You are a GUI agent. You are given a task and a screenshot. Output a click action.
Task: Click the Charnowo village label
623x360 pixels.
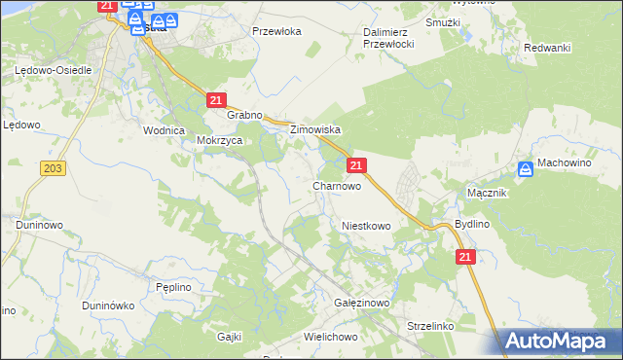click(x=337, y=185)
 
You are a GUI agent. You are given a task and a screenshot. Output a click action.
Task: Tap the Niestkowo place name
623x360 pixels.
click(x=366, y=226)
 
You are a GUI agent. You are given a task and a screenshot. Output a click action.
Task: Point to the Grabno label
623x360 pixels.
click(x=245, y=115)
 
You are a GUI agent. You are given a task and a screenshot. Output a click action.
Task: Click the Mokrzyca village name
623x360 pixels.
click(x=219, y=140)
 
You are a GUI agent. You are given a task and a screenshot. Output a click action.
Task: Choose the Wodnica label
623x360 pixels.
click(x=164, y=130)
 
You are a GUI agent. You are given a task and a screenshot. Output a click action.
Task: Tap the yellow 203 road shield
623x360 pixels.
click(x=54, y=168)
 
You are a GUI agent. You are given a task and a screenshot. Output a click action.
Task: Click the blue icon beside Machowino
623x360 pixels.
click(x=526, y=169)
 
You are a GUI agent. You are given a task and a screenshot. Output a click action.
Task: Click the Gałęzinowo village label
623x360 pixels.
click(x=361, y=304)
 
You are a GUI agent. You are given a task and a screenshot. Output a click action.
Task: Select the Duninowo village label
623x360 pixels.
click(x=39, y=225)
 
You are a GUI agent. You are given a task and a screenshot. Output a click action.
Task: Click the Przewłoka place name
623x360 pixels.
click(x=277, y=31)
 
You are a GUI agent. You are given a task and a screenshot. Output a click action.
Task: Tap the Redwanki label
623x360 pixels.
click(x=546, y=48)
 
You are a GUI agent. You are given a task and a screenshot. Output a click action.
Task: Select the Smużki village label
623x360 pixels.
click(x=444, y=21)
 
